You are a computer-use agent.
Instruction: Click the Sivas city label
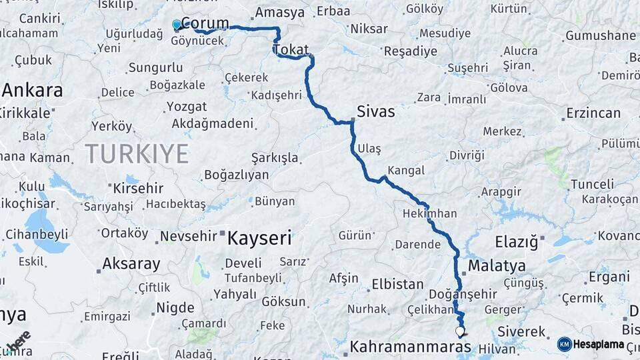coord(375,111)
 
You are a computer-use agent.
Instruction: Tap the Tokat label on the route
coord(291,50)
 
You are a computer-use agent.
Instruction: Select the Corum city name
coord(205,23)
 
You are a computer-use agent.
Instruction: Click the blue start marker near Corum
coord(177,25)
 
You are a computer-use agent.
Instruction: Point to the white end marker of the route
coord(460,330)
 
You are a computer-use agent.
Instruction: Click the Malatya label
coord(497,266)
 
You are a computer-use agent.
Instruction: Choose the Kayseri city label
coord(260,237)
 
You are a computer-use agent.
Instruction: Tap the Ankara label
coord(32,91)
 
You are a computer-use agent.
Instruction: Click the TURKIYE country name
coord(137,154)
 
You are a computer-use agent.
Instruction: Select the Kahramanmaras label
coord(410,347)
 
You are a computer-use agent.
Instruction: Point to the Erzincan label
coord(593,113)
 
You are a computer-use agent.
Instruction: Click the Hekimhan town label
coord(430,213)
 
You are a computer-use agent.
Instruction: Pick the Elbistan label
coord(397,283)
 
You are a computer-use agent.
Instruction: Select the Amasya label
coord(280,12)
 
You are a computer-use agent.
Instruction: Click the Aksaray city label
coord(131,264)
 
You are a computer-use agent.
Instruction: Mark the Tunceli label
coord(592,184)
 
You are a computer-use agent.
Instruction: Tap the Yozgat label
coord(187,107)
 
